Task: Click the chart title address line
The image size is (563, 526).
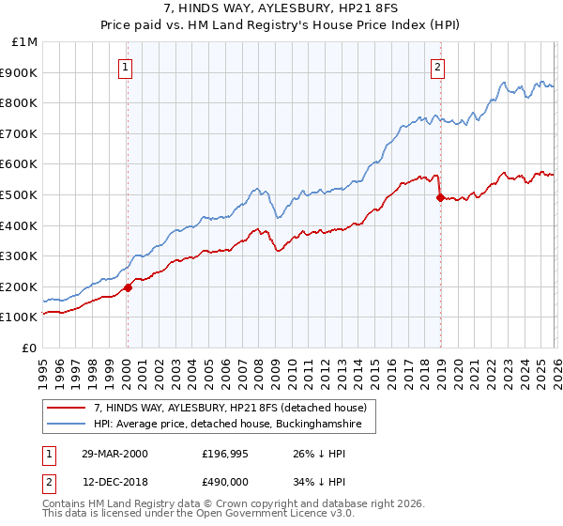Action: (281, 8)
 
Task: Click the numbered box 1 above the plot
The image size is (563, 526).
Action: (126, 67)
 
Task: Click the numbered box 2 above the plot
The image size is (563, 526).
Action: (438, 67)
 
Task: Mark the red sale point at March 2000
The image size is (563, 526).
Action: (129, 287)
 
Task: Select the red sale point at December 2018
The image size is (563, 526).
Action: (439, 197)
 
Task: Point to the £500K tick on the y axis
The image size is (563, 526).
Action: (20, 194)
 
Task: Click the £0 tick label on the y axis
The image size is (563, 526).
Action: (28, 348)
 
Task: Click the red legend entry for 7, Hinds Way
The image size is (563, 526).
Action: (235, 408)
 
